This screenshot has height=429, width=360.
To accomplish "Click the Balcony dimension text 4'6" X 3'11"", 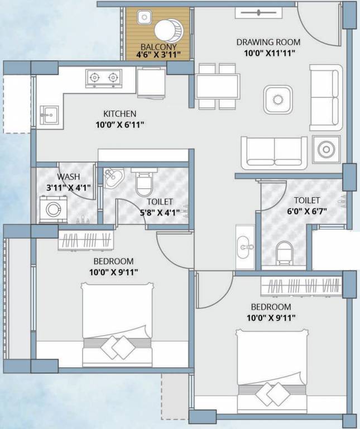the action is pos(159,54).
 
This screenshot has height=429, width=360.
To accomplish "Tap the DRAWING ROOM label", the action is pos(268,42).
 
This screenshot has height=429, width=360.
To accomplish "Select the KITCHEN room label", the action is pos(120,113).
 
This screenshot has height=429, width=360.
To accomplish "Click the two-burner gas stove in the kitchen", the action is pos(104,79).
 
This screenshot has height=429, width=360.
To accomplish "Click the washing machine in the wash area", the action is pos(54,209).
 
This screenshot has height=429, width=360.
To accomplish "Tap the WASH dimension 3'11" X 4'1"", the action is pos(68,188).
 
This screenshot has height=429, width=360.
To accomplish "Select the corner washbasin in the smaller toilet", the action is pos(113,178).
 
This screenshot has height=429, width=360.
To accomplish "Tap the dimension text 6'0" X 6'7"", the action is pos(307,211).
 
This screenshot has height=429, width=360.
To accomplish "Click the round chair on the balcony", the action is pos(167,31).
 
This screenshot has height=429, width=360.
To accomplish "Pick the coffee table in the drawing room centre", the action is pos(278,99).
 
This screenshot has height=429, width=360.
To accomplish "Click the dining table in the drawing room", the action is pos(218,86).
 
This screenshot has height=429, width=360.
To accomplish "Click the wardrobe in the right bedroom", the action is pos(302,287).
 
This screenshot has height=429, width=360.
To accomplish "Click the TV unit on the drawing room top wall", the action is pos(258,13).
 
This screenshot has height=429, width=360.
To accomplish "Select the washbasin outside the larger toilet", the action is pos(245,247).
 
